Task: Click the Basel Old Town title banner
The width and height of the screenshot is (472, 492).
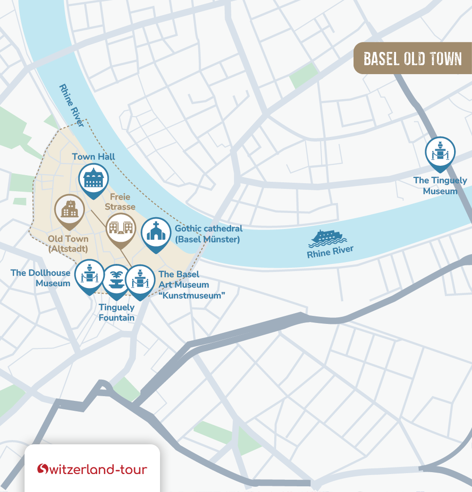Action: (x=413, y=59)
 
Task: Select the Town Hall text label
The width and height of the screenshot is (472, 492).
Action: (x=93, y=157)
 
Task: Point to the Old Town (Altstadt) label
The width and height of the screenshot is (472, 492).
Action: (x=68, y=243)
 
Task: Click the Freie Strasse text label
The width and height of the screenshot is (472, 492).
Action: (x=120, y=202)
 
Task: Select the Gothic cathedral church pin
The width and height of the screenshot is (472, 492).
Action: (x=155, y=233)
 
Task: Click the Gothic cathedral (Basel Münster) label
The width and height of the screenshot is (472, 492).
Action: (x=208, y=234)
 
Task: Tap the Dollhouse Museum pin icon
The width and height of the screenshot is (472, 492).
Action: (x=89, y=274)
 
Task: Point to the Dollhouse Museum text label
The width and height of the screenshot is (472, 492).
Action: (x=41, y=278)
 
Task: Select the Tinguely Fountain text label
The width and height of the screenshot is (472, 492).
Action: (x=117, y=313)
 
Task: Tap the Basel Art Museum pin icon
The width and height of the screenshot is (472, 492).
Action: (x=140, y=280)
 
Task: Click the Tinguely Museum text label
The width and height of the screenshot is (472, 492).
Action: (x=440, y=186)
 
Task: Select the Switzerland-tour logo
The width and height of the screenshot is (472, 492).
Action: (x=93, y=469)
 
